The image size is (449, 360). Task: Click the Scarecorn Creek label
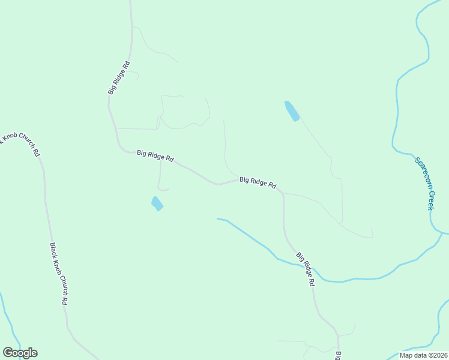(x=424, y=183)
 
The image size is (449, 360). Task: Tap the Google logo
(x=20, y=353)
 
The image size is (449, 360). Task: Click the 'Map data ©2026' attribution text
(x=423, y=355)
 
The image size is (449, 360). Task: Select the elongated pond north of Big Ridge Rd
(x=292, y=111)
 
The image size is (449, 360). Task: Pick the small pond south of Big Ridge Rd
(x=157, y=203)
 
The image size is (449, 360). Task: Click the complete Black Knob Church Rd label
(x=58, y=274)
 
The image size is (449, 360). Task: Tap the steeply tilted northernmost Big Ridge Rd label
(x=119, y=77)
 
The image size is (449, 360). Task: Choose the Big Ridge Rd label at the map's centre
(x=258, y=182)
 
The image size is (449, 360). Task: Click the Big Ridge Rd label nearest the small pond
(x=155, y=155)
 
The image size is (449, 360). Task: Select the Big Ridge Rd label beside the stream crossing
(x=306, y=269)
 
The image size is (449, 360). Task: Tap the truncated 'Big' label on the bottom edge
(x=338, y=355)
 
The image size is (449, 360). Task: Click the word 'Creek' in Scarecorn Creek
(x=430, y=197)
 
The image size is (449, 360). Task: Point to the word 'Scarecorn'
(x=420, y=170)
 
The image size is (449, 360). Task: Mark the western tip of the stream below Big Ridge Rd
(x=217, y=218)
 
